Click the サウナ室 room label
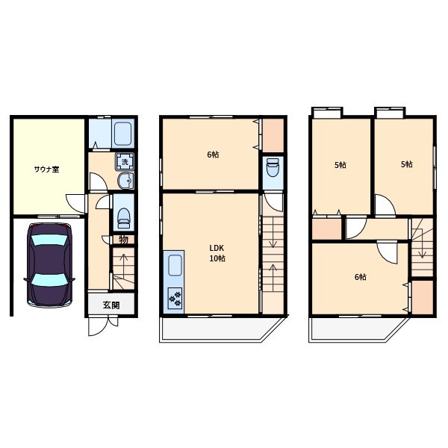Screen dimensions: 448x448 46,169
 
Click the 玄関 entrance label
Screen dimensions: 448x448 111,305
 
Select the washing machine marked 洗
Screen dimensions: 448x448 125,162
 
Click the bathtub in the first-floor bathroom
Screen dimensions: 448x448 123,134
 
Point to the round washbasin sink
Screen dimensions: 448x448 125,181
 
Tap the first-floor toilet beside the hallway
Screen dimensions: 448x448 123,217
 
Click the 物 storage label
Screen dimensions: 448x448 123,240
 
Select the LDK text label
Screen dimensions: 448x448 217,248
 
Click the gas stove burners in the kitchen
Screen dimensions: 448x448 175,298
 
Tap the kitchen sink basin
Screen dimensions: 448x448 175,265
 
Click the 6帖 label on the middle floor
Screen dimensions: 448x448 213,155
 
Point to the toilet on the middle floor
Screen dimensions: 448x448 273,167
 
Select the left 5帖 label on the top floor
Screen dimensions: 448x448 340,165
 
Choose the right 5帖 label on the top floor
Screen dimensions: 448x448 407,164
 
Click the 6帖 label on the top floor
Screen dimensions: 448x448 361,277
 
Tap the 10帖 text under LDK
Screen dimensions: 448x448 217,258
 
